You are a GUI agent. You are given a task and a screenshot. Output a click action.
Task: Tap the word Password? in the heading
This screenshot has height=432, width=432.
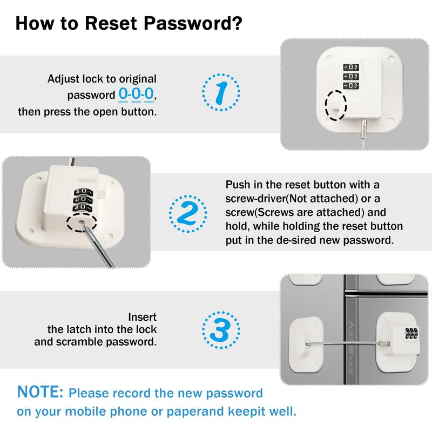(193, 23)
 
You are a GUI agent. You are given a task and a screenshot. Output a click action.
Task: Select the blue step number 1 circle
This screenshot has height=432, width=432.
(221, 92)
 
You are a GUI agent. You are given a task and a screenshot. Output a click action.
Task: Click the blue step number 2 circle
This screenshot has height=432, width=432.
(187, 214)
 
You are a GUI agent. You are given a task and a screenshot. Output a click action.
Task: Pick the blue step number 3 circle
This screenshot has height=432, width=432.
(221, 330)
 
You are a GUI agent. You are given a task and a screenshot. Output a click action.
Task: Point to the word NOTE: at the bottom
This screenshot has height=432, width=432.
(40, 392)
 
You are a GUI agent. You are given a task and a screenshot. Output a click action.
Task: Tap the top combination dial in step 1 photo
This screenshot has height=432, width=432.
(350, 67)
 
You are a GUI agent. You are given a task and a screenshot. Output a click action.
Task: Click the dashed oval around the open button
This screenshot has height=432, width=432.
(335, 105)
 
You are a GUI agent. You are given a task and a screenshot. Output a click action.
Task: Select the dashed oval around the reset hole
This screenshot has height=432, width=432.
(82, 222)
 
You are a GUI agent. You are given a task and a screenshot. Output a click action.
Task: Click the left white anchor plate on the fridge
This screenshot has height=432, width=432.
(306, 344)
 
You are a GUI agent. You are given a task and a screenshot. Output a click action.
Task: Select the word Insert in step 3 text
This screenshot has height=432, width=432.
(142, 318)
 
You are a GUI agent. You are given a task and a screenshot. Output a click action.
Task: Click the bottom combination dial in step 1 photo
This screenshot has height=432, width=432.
(350, 85)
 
